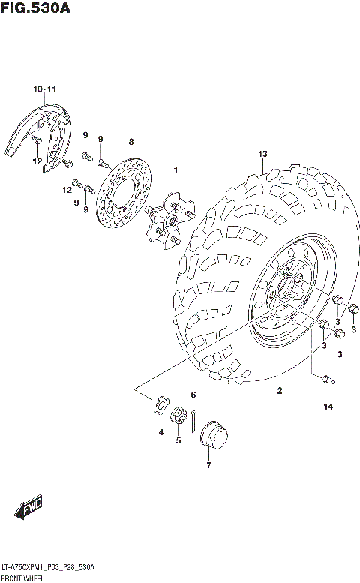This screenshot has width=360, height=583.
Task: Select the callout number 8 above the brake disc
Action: click(130, 142)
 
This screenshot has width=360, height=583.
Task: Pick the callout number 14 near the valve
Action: click(327, 407)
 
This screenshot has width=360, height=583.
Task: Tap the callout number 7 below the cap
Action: click(209, 465)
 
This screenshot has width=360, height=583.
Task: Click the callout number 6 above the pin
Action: click(193, 395)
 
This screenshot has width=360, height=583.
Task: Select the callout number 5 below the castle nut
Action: click(178, 440)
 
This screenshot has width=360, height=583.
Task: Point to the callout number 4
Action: click(160, 432)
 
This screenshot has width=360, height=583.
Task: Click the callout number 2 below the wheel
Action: click(279, 390)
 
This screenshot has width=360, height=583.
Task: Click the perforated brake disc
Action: click(124, 195)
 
